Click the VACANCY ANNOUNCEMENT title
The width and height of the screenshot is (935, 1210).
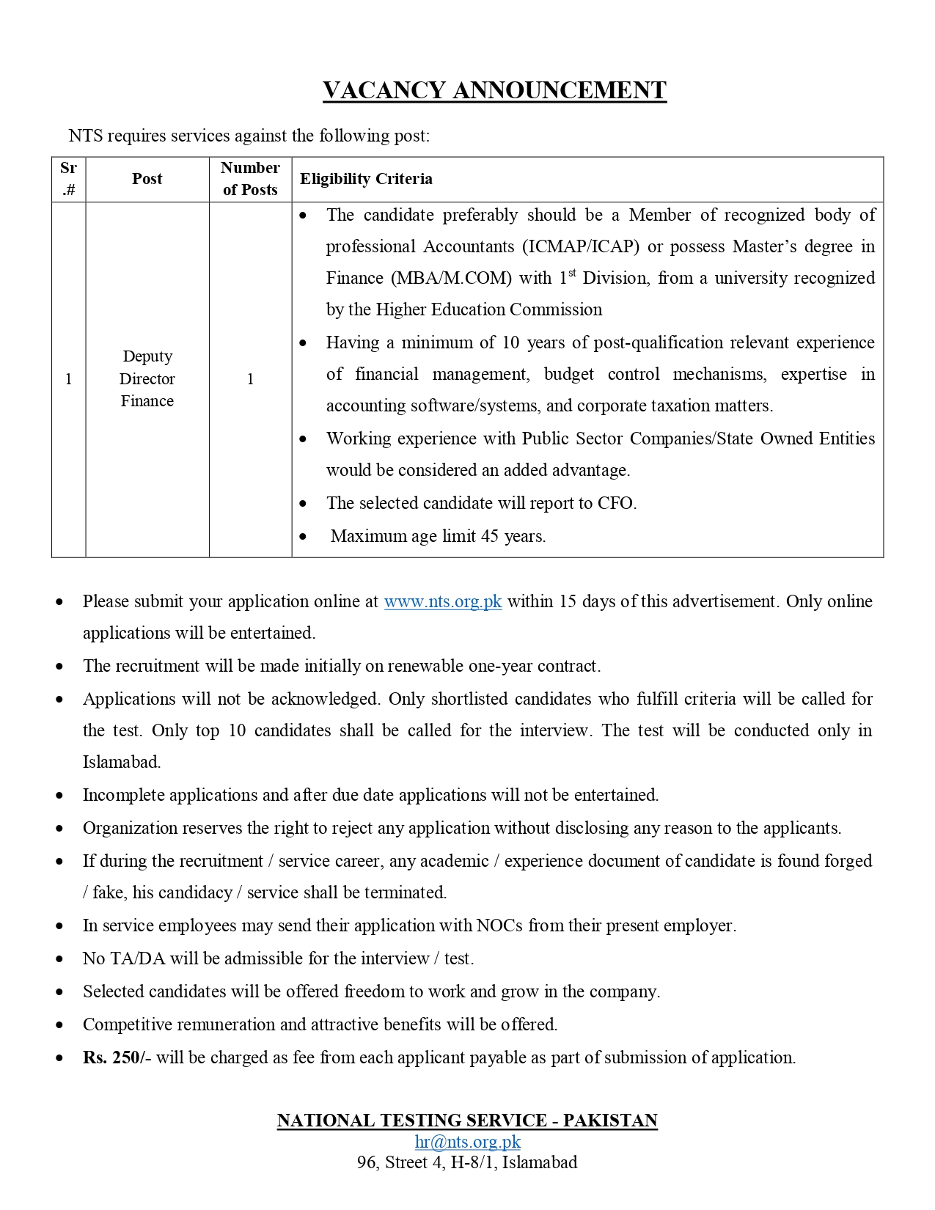(x=494, y=90)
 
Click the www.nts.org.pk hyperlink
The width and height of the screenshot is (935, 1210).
(x=443, y=601)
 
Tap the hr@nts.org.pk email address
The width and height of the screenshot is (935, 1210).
(x=468, y=1142)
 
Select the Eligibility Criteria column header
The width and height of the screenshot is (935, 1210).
(x=366, y=179)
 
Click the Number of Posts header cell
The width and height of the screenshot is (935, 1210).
(x=250, y=179)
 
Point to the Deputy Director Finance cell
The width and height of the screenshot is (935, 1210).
(x=147, y=378)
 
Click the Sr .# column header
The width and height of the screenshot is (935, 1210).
(x=68, y=179)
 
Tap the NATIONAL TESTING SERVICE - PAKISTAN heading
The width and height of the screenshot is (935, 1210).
(x=467, y=1121)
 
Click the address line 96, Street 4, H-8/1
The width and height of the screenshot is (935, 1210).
(x=467, y=1162)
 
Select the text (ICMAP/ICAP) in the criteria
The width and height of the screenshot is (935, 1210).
(x=581, y=246)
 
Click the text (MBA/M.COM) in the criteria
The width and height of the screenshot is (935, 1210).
(x=451, y=279)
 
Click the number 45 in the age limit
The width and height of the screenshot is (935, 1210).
(x=490, y=536)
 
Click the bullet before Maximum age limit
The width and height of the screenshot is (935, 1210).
(x=304, y=537)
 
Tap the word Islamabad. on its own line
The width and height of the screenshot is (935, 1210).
(x=122, y=762)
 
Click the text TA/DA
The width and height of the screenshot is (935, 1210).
(x=137, y=958)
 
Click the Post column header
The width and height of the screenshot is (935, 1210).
(x=147, y=179)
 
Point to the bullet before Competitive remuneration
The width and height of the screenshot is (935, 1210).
(x=59, y=1025)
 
